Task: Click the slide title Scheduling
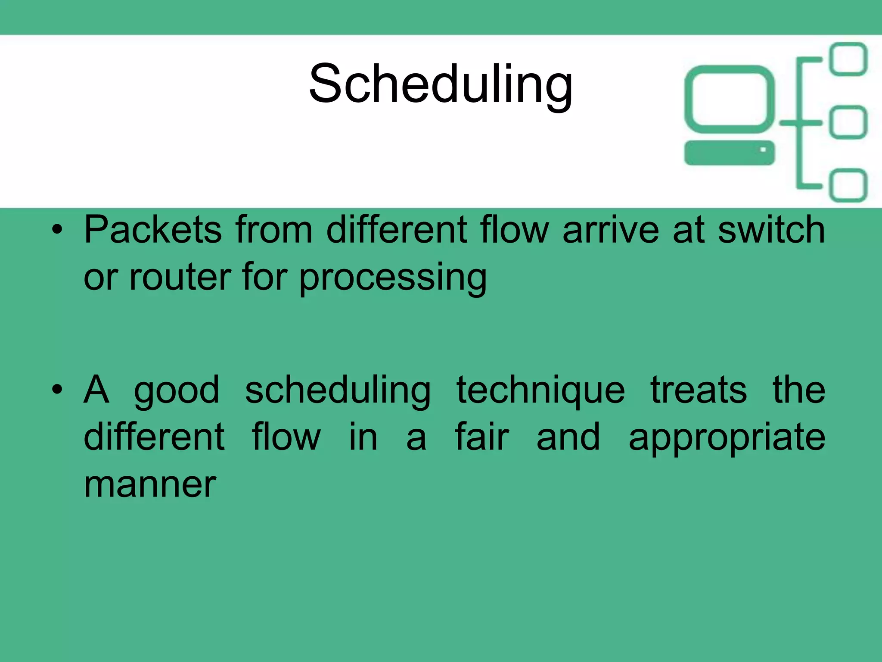pos(441,84)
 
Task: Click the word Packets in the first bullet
pos(153,230)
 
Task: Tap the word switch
pos(771,230)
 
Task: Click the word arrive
pos(611,230)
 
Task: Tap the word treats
pos(699,390)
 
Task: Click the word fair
pos(482,437)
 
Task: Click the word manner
pos(150,485)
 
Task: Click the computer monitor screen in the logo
pos(730,99)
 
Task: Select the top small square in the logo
pos(848,59)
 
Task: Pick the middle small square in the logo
pos(848,122)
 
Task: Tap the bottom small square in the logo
pos(848,185)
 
